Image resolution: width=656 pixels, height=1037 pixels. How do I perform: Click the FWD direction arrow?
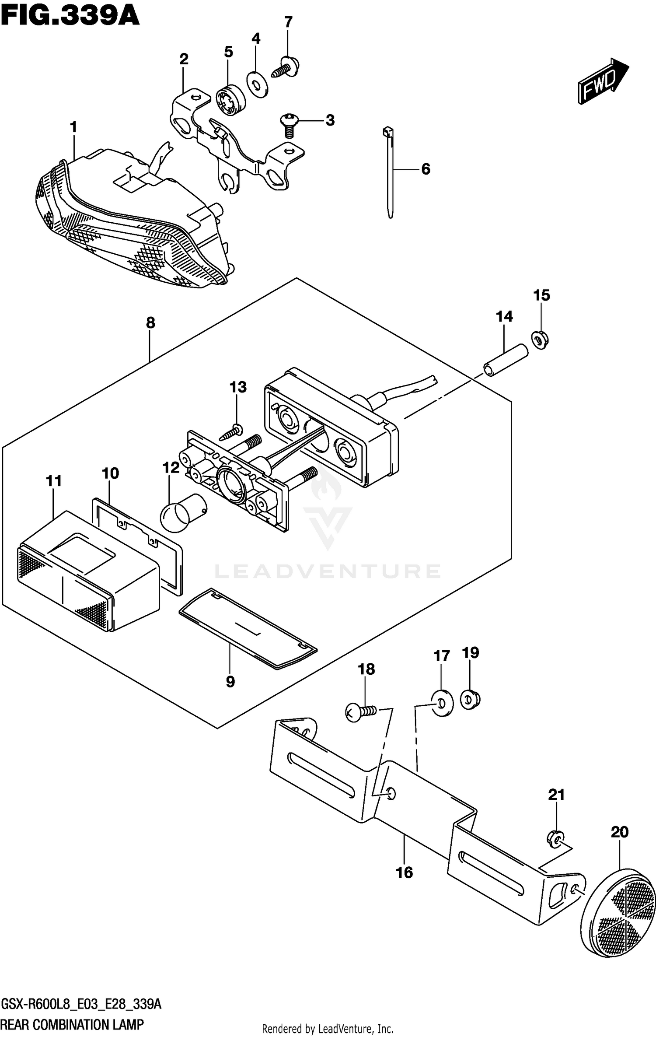(603, 82)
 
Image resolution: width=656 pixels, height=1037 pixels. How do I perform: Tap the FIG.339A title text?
(70, 16)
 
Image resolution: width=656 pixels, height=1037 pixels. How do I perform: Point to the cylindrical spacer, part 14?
(505, 360)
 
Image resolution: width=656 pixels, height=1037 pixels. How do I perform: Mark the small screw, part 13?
(232, 432)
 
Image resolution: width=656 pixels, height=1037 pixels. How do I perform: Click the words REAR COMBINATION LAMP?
(72, 1024)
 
